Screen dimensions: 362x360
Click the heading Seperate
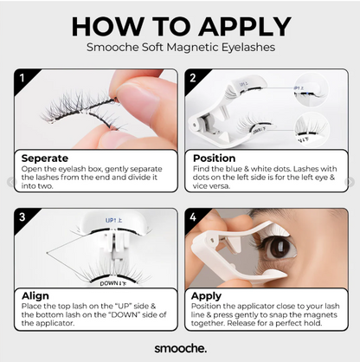coord(44,158)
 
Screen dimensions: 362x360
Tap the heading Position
coord(213,158)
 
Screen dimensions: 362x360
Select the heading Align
coord(35,297)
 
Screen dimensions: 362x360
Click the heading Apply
coord(207,297)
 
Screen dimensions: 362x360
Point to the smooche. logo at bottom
coord(180,346)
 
